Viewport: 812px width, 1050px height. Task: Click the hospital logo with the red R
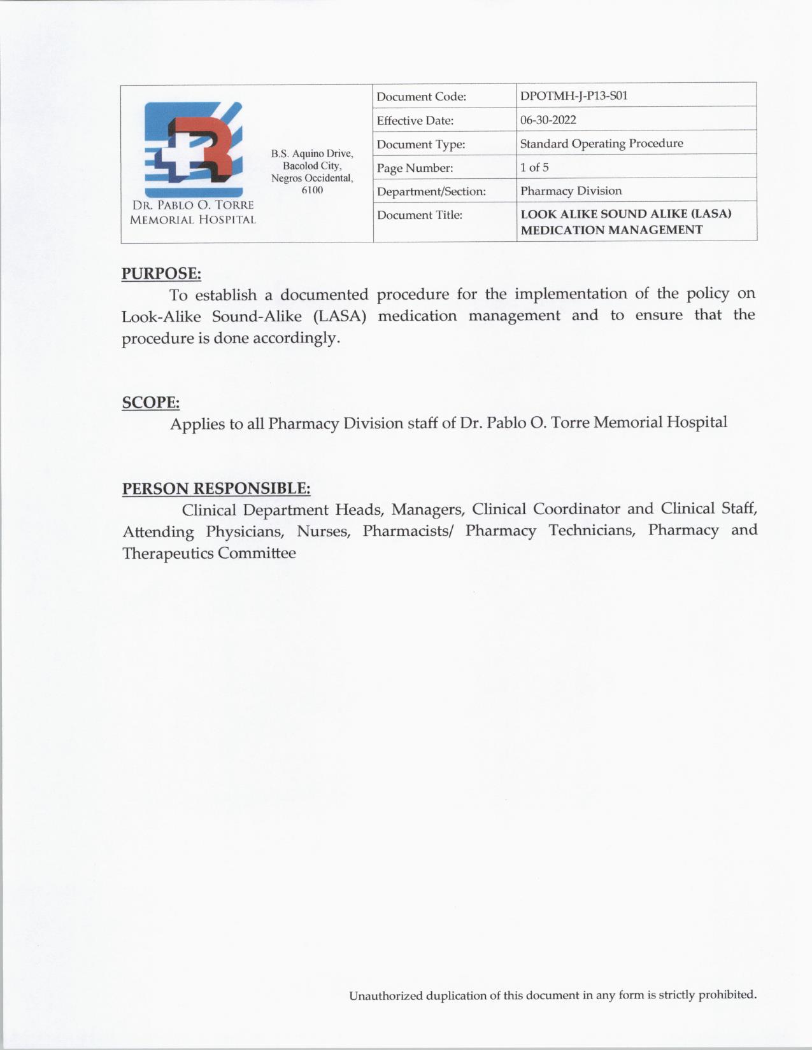(x=193, y=150)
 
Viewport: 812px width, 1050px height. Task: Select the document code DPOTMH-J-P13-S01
(x=573, y=96)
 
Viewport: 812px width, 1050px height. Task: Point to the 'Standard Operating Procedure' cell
(x=601, y=143)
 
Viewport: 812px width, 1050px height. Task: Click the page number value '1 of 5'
(x=534, y=167)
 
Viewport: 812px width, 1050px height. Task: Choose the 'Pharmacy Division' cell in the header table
(x=571, y=191)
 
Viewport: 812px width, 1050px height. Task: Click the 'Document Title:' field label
(x=419, y=215)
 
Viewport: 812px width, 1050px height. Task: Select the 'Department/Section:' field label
(x=431, y=192)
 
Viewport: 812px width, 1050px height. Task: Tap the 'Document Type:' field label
(x=420, y=144)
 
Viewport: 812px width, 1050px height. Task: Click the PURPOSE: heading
(x=161, y=274)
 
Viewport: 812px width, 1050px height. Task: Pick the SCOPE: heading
(x=150, y=403)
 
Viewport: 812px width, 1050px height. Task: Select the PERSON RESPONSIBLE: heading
(x=216, y=489)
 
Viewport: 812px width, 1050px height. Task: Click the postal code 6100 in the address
(x=312, y=190)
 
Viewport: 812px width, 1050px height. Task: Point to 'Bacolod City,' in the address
(x=312, y=166)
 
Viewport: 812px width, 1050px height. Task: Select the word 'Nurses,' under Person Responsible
(x=324, y=531)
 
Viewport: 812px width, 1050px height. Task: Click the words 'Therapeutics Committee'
(x=209, y=554)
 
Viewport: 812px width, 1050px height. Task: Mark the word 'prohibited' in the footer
(x=727, y=995)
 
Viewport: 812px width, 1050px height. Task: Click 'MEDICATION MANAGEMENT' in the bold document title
(x=611, y=230)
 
